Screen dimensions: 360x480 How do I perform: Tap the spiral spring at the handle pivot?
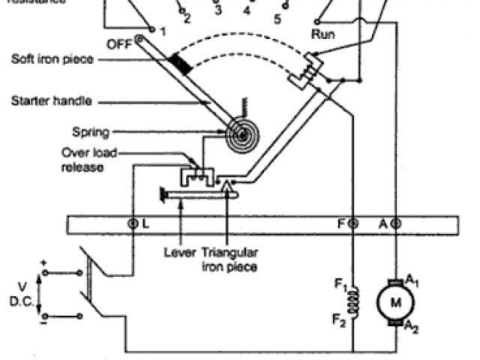240,136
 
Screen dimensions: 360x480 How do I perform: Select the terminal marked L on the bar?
133,223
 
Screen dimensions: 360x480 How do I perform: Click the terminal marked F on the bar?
353,223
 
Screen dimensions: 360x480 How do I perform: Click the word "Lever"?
178,253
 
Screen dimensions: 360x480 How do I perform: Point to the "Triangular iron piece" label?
229,259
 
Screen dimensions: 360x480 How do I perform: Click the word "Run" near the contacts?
322,34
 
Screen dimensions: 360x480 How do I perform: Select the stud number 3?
217,10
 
